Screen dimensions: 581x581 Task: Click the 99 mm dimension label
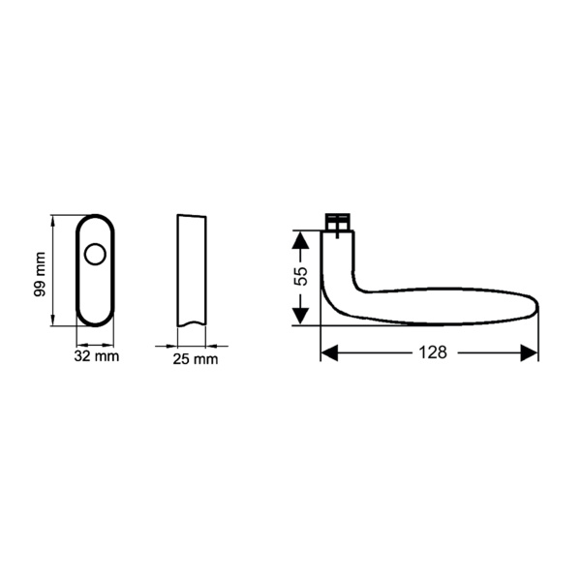coord(40,274)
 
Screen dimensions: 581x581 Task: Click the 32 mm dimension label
coord(95,358)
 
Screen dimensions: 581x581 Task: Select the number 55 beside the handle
coord(301,276)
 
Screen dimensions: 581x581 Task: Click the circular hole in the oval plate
coord(95,256)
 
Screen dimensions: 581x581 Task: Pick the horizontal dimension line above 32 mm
coord(95,345)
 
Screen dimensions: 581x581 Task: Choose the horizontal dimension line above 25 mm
coord(191,345)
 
